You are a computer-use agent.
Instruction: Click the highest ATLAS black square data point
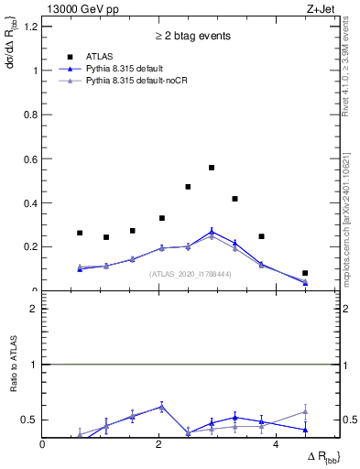tap(212, 168)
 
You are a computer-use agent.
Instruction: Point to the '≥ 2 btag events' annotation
tap(191, 37)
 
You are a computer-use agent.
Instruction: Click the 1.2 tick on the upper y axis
tap(31, 27)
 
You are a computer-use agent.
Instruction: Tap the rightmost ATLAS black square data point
tap(305, 273)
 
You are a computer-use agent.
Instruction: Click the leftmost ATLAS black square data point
tap(80, 233)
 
